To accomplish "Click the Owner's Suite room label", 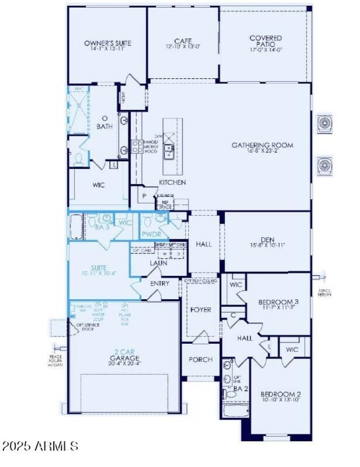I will [108, 43].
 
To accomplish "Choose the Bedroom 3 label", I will [279, 301].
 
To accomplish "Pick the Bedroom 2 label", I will [281, 395].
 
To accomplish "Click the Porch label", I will [200, 359].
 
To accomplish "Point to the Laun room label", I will [158, 263].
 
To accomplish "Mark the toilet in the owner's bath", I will [78, 159].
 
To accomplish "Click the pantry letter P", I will [144, 196].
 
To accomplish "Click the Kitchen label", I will [172, 183].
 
